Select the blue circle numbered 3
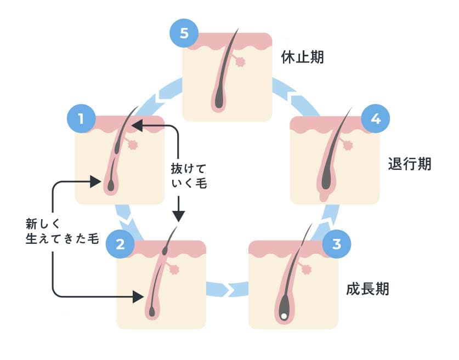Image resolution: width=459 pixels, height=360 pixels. pos(336,243)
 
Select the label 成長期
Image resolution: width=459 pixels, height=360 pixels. pos(367,289)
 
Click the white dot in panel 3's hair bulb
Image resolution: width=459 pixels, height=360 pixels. pos(284,316)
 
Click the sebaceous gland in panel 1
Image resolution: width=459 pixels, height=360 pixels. pos(132,145)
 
